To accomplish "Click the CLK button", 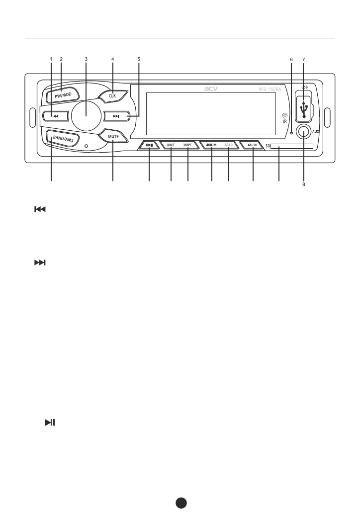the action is [112, 95].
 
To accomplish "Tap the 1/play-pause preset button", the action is [149, 145].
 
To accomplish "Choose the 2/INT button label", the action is [171, 145].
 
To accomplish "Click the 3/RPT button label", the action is [187, 145].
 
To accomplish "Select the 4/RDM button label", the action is [212, 145].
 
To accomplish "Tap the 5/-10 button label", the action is [229, 145].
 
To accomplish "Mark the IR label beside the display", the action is [284, 122].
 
